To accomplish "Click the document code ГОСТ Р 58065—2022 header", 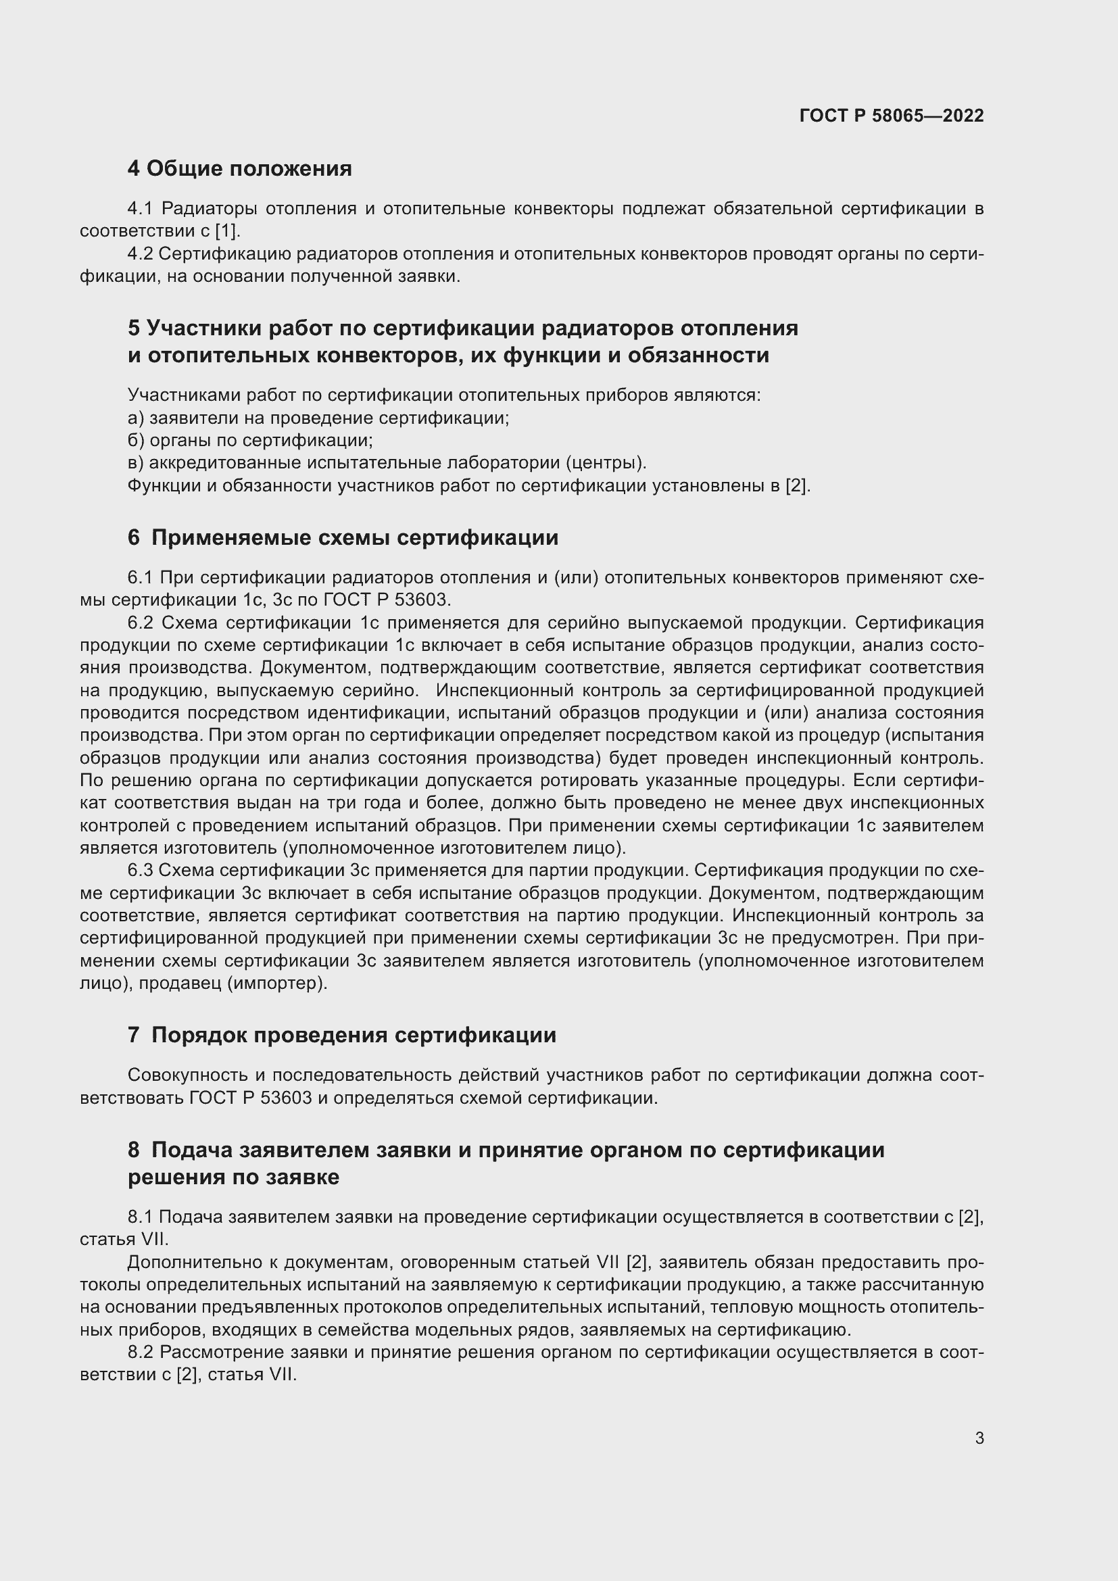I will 892,116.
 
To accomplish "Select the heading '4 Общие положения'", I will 239,169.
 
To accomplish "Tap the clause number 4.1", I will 141,209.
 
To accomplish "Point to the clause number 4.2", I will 141,254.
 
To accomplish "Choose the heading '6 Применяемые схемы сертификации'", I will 343,538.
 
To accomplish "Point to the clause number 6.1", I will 141,578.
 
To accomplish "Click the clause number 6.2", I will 141,623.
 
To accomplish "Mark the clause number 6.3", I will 141,871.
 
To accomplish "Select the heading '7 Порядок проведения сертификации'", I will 341,1036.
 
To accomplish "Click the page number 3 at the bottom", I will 979,1438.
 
